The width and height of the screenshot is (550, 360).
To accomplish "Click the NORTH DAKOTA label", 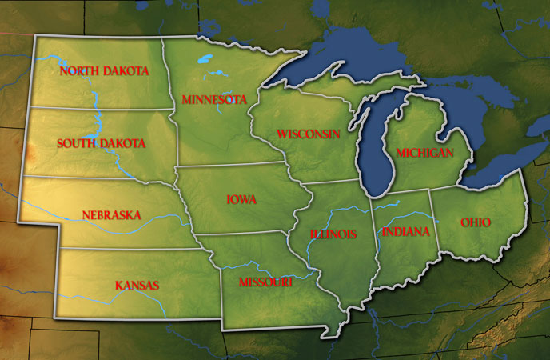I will [105, 71].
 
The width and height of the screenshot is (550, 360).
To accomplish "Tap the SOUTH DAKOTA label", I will [102, 144].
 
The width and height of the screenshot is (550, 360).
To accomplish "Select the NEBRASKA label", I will [111, 215].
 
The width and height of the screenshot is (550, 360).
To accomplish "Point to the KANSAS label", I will [137, 286].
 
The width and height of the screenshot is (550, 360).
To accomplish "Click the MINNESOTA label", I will [213, 100].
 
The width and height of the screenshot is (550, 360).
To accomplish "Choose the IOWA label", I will [241, 200].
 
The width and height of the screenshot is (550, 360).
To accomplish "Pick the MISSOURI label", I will [266, 283].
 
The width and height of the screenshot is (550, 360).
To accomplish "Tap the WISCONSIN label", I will [309, 133].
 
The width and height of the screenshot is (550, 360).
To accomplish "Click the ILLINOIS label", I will [333, 234].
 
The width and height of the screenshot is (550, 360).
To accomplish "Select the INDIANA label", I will [406, 232].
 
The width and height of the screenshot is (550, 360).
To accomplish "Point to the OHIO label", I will [476, 222].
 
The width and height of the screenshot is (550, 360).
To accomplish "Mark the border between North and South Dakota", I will [104, 108].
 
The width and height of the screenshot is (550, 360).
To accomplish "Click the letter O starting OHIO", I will [464, 222].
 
